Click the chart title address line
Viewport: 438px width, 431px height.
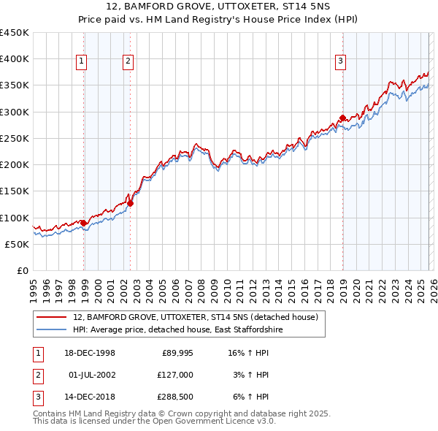(219, 6)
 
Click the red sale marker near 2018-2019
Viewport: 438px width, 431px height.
(342, 118)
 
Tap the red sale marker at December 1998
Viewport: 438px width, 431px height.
(83, 223)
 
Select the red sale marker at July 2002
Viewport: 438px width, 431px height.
(130, 203)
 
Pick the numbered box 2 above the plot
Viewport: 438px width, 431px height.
(128, 62)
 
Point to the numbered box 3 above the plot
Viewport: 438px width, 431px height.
(340, 62)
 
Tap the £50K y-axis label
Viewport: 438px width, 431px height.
(18, 244)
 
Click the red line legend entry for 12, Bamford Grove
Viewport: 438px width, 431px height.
(195, 318)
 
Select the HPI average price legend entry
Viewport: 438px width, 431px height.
(177, 330)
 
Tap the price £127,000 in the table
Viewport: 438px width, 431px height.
(174, 375)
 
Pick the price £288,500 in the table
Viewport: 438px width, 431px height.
(174, 397)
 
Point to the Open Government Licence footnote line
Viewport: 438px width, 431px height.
(155, 422)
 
